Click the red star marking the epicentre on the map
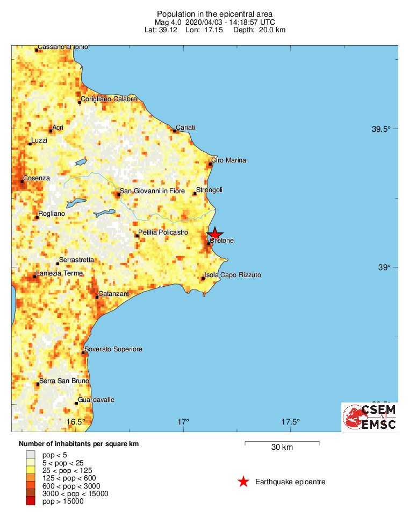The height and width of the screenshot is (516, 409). (214, 233)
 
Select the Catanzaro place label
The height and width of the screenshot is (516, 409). (114, 294)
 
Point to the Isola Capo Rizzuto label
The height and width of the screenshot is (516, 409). (233, 275)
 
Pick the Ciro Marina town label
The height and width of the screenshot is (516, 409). (228, 160)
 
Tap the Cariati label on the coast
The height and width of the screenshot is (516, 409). (185, 127)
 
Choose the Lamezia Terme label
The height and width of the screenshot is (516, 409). (60, 273)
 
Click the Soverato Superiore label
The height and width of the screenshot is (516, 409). (113, 349)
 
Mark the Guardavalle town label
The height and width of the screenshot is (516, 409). (96, 400)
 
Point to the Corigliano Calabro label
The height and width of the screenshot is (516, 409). (109, 99)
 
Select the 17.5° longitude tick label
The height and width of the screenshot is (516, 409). (290, 421)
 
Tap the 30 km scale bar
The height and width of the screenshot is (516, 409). (282, 443)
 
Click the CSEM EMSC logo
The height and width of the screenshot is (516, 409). (370, 417)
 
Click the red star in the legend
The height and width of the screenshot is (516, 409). (243, 482)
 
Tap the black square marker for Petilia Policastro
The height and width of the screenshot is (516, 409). (137, 236)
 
